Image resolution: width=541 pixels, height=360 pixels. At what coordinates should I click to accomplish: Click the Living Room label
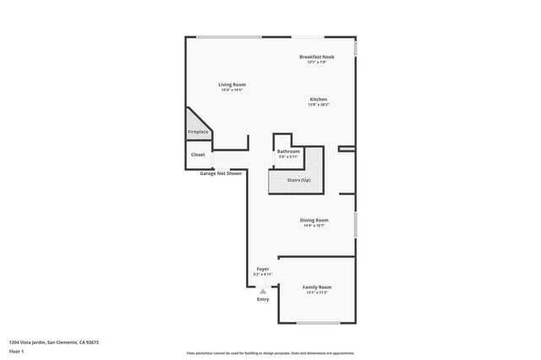(x=232, y=85)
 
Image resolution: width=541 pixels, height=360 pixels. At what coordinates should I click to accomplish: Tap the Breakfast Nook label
(x=317, y=57)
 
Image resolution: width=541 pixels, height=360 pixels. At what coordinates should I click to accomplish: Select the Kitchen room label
(x=317, y=99)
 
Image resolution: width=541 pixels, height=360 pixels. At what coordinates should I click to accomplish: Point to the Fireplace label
(x=197, y=133)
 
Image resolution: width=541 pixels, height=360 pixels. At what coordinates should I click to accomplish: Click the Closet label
(x=198, y=155)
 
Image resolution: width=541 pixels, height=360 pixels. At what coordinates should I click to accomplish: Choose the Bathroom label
(x=288, y=151)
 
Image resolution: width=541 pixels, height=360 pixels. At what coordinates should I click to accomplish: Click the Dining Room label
(x=314, y=220)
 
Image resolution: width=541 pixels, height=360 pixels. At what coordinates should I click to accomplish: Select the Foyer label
(x=263, y=269)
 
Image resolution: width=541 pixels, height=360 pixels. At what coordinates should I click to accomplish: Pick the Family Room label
(x=317, y=287)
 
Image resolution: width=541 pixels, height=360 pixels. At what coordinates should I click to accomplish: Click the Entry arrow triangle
(x=263, y=291)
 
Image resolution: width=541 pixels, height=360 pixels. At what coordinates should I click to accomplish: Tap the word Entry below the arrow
(x=263, y=299)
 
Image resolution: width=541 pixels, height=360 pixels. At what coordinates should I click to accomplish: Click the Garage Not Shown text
(x=221, y=173)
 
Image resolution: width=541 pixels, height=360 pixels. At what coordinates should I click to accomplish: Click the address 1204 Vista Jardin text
(x=54, y=342)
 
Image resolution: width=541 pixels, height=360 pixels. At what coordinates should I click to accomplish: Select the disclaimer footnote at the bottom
(x=270, y=354)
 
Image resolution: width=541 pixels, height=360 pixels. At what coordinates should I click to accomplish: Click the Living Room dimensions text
(x=232, y=90)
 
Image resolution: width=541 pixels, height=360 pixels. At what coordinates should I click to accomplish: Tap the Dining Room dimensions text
(x=314, y=226)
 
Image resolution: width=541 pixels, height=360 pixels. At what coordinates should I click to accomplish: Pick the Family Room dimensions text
(x=317, y=293)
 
